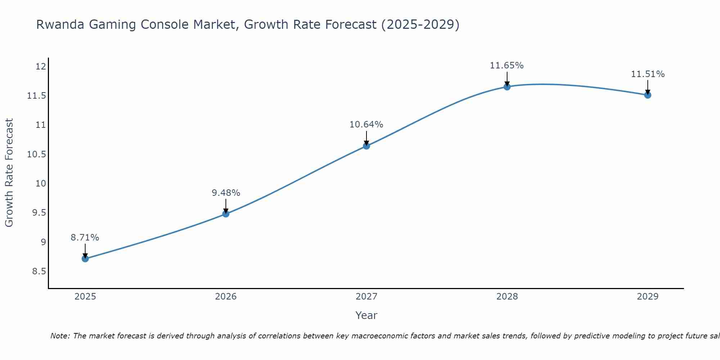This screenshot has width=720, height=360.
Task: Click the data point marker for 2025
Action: point(85,258)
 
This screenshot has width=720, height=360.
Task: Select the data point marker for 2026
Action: point(226,214)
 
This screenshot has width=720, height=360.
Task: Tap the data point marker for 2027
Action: point(366,146)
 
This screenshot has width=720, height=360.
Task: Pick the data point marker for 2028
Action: point(507,87)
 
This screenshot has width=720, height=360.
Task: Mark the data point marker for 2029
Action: point(648,95)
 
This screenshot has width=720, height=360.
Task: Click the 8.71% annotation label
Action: point(85,238)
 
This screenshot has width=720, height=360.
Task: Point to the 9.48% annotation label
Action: point(226,193)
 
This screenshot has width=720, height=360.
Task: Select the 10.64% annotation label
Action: point(366,125)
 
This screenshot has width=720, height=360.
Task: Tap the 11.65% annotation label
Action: point(507,66)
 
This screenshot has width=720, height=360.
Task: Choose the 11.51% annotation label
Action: point(648,74)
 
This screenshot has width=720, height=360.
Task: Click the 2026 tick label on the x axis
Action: point(226,297)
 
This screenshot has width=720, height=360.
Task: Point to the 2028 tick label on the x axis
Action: point(507,297)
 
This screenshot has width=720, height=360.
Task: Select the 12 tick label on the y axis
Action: point(41,67)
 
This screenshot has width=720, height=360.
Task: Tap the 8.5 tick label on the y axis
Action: point(39,271)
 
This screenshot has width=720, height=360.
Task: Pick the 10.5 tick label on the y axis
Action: point(36,154)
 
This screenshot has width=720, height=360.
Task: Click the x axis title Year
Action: point(366,315)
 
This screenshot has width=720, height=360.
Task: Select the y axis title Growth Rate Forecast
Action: point(9,173)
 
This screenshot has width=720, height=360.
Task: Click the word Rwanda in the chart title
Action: point(60,24)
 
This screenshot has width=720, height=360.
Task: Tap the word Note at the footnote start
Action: point(60,336)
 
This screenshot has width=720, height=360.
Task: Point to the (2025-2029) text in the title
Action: point(420,24)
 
